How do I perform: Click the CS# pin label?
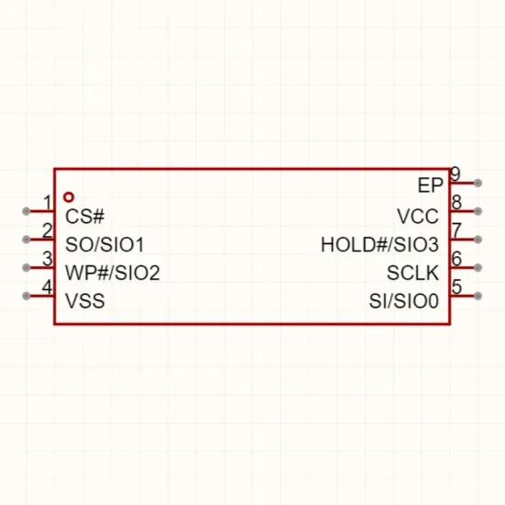coord(84,216)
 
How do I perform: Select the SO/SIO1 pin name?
coord(105,244)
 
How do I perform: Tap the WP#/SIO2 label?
coord(112,273)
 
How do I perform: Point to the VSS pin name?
coord(85,301)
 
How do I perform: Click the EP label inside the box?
coord(431,185)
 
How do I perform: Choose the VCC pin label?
coord(418,216)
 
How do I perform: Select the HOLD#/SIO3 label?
coord(380,244)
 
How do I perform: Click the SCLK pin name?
coord(413,273)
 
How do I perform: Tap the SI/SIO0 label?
coord(404,301)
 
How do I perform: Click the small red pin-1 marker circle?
coord(69,197)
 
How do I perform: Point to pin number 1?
coord(48,203)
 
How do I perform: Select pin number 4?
coord(48,287)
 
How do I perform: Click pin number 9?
coord(455,174)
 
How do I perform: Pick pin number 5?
coord(456,286)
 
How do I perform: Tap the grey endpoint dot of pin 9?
coord(478,183)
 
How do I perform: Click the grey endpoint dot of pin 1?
coord(26,211)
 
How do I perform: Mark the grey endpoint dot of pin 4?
coord(26,296)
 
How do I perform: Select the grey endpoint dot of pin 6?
coord(478,267)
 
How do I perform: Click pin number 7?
coord(456,230)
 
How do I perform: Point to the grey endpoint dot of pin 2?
coord(26,240)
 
